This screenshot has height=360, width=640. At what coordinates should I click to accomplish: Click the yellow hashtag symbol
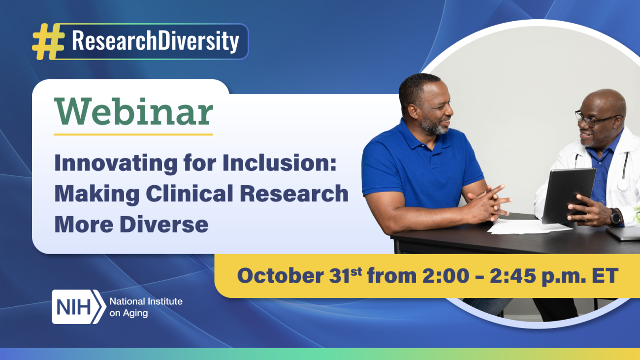(x=48, y=41)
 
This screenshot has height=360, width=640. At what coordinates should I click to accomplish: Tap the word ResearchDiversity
(x=155, y=41)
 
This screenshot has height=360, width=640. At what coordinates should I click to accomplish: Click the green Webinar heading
(x=133, y=112)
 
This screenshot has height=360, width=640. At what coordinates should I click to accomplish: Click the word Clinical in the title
(x=195, y=194)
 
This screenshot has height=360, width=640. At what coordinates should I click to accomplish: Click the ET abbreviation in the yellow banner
(x=604, y=276)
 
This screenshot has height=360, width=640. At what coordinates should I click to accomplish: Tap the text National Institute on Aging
(x=145, y=307)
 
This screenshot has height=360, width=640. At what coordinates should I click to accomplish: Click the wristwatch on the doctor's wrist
(x=615, y=216)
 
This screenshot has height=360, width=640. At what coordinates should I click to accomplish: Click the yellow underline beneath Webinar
(x=133, y=134)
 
